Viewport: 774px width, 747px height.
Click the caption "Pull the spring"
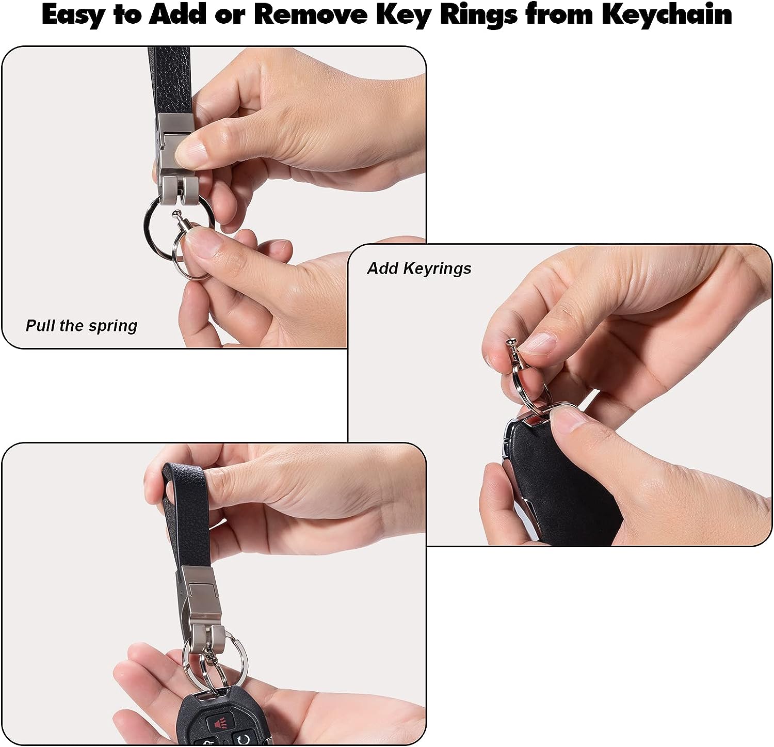coord(82,326)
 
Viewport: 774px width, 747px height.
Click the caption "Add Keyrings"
coord(419,268)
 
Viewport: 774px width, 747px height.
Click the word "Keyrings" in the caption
coord(438,269)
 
